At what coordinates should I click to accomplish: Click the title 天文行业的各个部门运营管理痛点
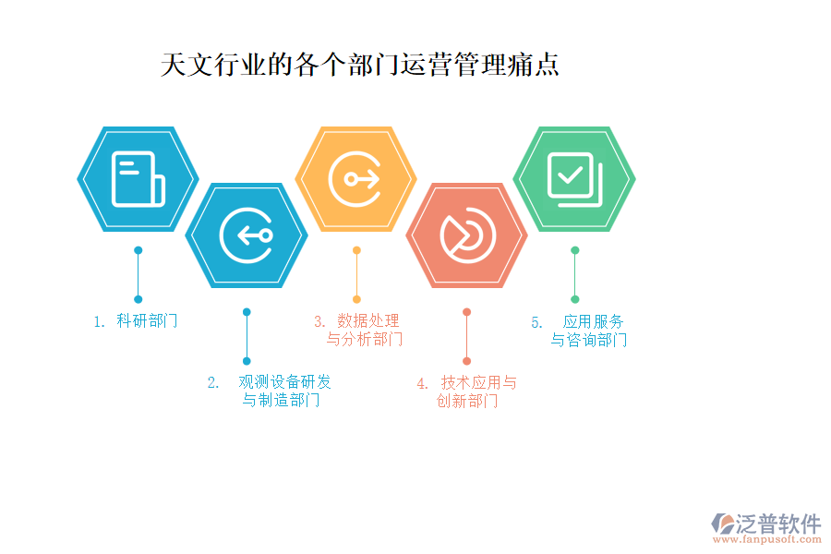(360, 65)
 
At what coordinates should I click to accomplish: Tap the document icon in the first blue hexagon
(138, 179)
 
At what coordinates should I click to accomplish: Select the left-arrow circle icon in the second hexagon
(247, 235)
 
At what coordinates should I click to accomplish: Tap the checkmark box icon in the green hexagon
(575, 179)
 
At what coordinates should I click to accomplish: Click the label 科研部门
(147, 320)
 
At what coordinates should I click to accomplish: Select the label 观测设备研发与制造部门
(283, 391)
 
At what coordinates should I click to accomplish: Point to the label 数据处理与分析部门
(365, 330)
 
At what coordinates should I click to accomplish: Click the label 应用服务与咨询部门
(589, 331)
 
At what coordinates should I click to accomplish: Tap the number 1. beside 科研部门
(99, 322)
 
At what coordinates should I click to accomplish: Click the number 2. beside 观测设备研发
(213, 383)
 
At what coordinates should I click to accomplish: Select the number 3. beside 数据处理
(319, 321)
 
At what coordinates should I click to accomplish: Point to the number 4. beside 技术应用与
(422, 383)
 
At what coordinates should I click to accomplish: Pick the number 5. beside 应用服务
(536, 322)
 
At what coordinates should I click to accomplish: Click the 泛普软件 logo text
(778, 524)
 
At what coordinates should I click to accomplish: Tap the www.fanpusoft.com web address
(767, 539)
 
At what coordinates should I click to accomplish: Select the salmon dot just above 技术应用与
(466, 312)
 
